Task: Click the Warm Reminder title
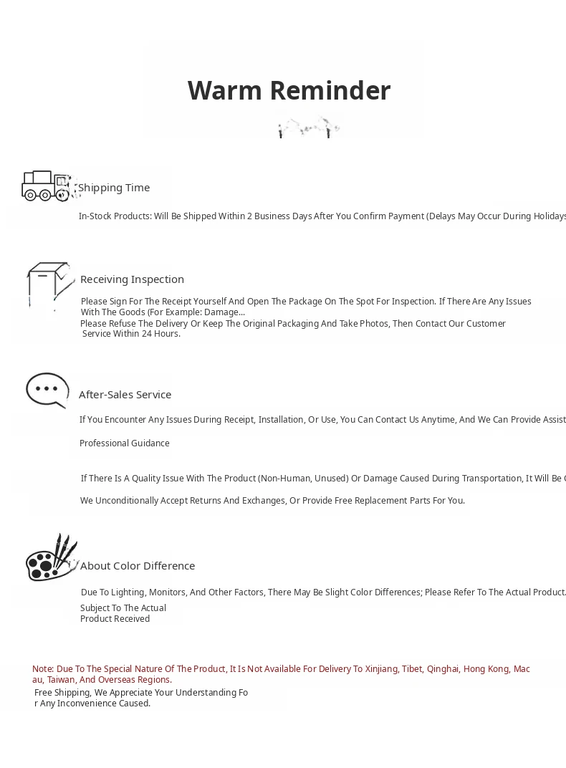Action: [x=289, y=91]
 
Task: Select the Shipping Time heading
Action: [x=114, y=188]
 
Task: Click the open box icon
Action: [x=49, y=284]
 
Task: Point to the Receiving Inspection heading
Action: [x=132, y=279]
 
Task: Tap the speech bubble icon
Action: [x=47, y=390]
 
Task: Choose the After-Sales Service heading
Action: [x=125, y=395]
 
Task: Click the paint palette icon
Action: [x=51, y=558]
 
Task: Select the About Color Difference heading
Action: [x=138, y=566]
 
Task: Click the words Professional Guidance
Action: [x=125, y=443]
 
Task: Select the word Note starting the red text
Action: [x=42, y=669]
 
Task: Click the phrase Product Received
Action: [x=115, y=619]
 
